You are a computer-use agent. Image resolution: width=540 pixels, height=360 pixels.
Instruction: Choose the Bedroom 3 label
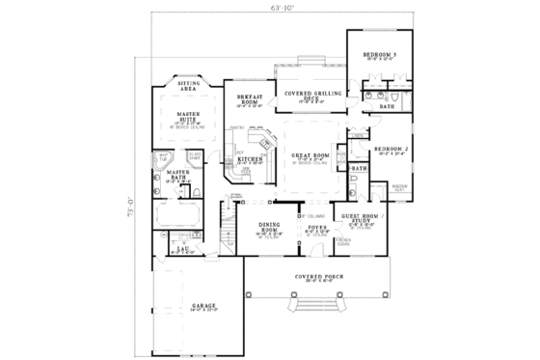380,56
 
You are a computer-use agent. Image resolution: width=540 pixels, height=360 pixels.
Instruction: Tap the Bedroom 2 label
392,149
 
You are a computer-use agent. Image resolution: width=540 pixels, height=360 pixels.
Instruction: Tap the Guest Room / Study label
358,218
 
